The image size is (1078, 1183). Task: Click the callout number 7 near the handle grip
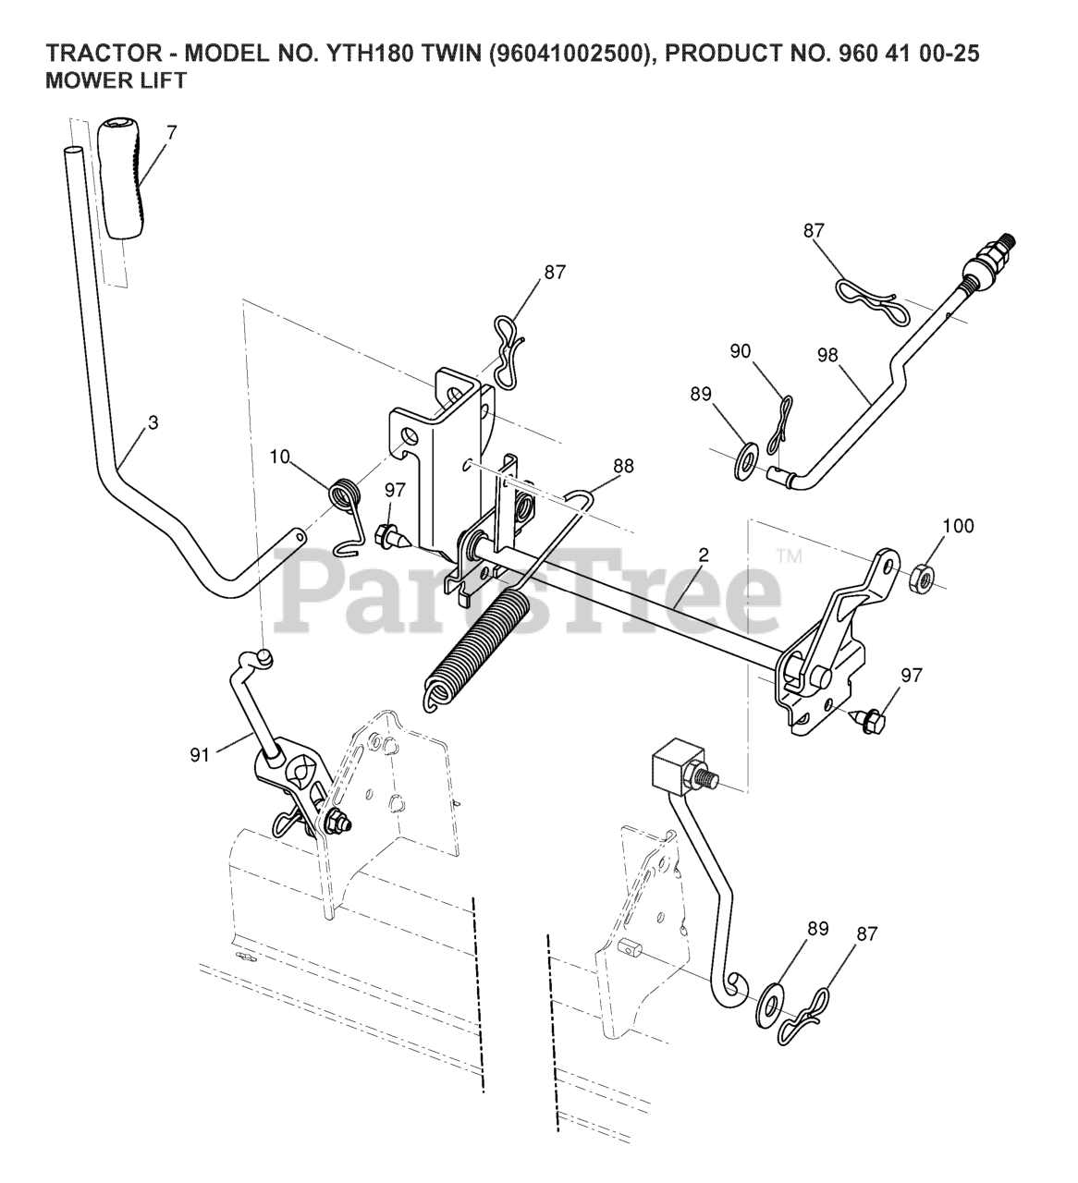[x=171, y=131]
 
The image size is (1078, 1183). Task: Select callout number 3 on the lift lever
[x=153, y=422]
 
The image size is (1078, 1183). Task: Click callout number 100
[x=958, y=526]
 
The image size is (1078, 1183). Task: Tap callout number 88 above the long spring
[x=623, y=467]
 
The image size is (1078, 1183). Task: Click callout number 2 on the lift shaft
[x=704, y=555]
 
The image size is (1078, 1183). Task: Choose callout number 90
[x=740, y=352]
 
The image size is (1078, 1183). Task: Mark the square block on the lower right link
[x=679, y=766]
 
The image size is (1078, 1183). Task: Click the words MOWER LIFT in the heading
[x=116, y=81]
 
